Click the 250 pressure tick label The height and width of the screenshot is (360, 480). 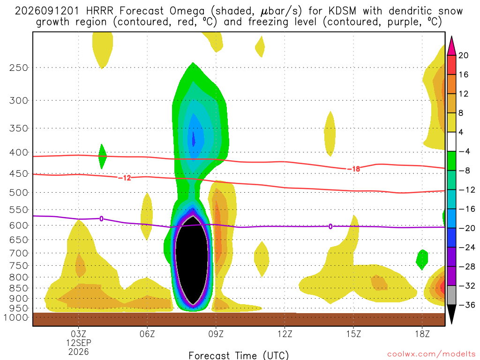(x=19, y=67)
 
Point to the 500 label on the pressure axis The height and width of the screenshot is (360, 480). (x=19, y=193)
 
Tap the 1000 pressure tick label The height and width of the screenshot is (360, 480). (x=16, y=317)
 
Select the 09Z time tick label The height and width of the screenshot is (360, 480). (x=216, y=334)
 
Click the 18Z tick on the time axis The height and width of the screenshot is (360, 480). (x=422, y=334)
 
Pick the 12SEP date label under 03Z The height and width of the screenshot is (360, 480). (x=79, y=343)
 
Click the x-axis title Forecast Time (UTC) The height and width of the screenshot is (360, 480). (x=239, y=355)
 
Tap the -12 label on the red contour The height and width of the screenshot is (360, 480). (x=125, y=178)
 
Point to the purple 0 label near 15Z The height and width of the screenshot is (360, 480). (x=330, y=226)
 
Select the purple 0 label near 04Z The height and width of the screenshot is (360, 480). (x=101, y=218)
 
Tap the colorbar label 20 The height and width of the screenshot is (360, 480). (x=463, y=55)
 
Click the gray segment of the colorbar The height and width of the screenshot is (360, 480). (x=451, y=295)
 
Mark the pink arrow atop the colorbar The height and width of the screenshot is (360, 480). (x=451, y=45)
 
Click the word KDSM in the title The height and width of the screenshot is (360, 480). (x=343, y=11)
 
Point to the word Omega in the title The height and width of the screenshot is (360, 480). (x=187, y=12)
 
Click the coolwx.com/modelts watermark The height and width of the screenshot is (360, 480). (x=431, y=354)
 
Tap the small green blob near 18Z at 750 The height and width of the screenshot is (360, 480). (x=422, y=260)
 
